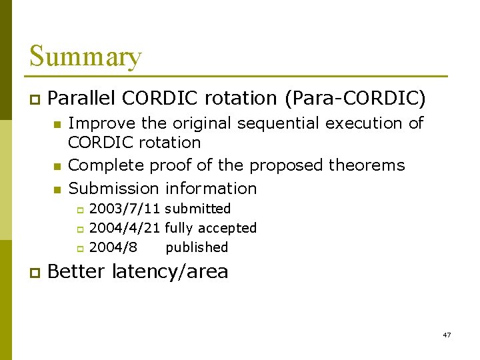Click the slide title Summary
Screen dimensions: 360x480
[85, 57]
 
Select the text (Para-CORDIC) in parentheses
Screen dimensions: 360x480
[355, 99]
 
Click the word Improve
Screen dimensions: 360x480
[100, 123]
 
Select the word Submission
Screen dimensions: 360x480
[114, 189]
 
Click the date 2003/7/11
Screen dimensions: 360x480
[125, 209]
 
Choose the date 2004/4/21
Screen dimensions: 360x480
[125, 228]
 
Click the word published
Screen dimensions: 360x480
[197, 247]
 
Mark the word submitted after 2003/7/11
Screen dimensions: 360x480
[198, 209]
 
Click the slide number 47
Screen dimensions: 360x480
[447, 335]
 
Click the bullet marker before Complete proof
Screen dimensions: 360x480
[57, 166]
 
